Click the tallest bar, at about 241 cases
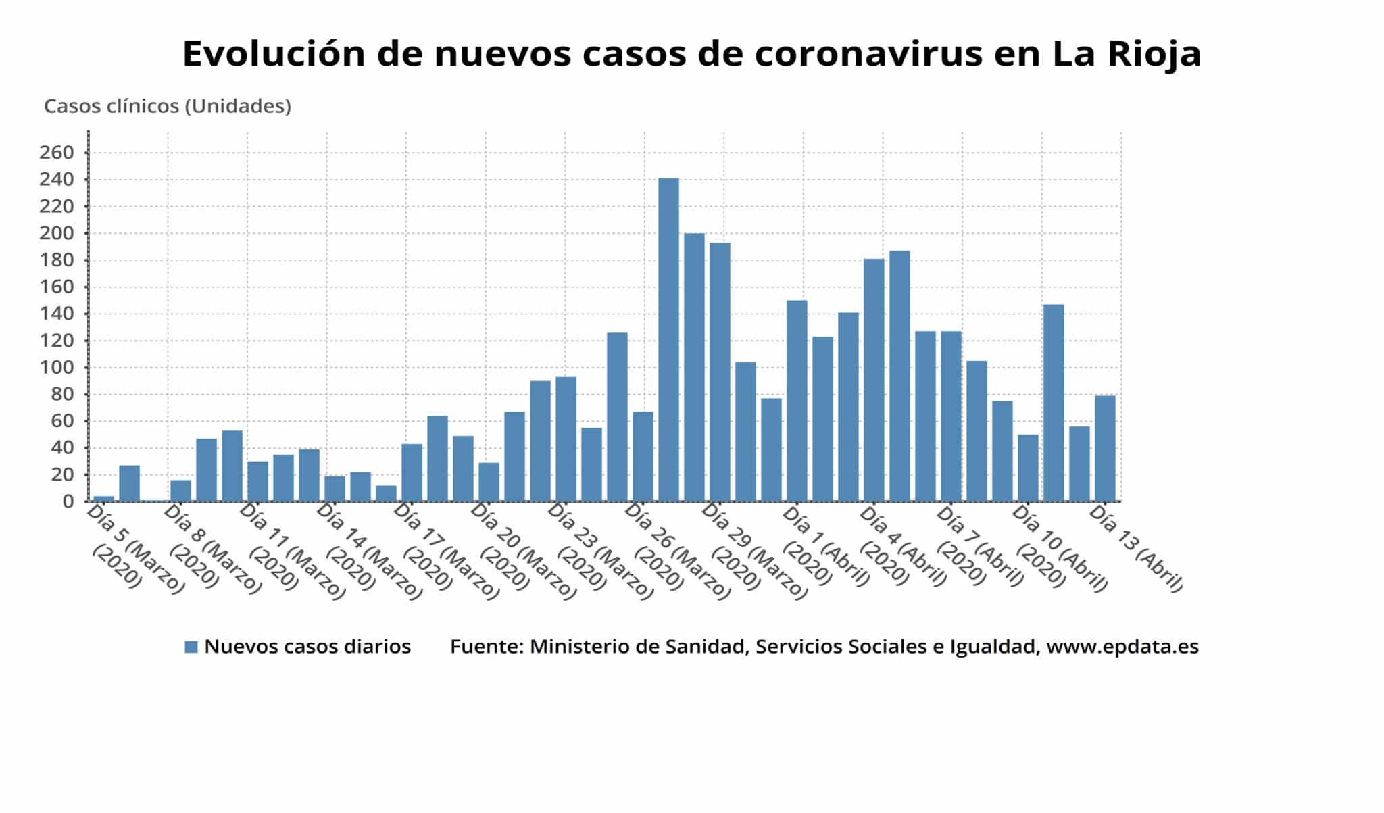tap(668, 340)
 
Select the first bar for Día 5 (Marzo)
tap(103, 498)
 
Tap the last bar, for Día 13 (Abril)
tap(1105, 449)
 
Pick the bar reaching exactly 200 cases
tap(694, 367)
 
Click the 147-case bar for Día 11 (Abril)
tap(1054, 403)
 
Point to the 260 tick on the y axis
tap(56, 153)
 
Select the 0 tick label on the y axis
tap(68, 501)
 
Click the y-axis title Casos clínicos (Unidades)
tap(167, 106)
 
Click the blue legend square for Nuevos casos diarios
tap(191, 647)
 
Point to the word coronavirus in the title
tap(868, 54)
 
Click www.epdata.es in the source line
tap(1122, 647)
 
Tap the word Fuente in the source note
tap(486, 647)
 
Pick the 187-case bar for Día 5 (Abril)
tap(899, 376)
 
